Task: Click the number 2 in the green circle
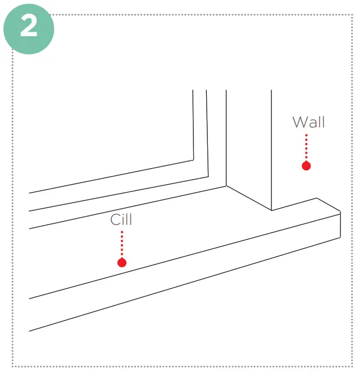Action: tap(28, 27)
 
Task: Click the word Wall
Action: tap(308, 122)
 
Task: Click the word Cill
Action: tap(121, 219)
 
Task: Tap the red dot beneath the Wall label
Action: tap(306, 165)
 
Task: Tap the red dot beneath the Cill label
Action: tap(122, 262)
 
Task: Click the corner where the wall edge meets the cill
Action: tap(271, 210)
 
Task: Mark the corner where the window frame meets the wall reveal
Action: tap(226, 185)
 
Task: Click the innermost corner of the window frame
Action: tap(193, 161)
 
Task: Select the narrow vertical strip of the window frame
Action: tap(216, 134)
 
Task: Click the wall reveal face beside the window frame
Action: tap(249, 145)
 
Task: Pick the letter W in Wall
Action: tap(298, 122)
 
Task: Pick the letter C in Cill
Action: tap(114, 219)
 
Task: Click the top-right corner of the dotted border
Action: tap(352, 15)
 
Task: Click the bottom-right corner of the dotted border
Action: tap(352, 366)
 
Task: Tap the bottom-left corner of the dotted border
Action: tap(13, 366)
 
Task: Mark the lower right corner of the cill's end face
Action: tap(340, 238)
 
